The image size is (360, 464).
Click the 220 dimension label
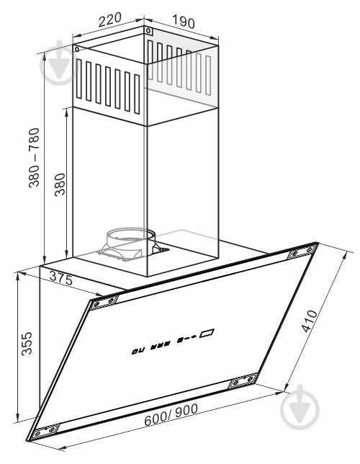pos(109,19)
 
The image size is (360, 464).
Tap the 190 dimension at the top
pos(184,21)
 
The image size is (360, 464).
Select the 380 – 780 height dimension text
pos(34,157)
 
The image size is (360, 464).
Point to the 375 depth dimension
pos(61,278)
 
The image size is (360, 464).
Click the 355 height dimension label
pos(27,343)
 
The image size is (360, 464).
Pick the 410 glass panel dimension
pos(309,321)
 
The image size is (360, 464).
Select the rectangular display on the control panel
pos(207,333)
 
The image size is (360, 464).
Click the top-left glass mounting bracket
pos(104,303)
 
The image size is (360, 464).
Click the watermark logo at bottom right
pos(300,407)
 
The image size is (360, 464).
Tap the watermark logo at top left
pos(60,63)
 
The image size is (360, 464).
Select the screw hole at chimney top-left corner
pos(77,50)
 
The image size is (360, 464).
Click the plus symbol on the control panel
pos(194,336)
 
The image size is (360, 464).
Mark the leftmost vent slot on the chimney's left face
pos(78,79)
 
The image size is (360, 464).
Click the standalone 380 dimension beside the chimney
pos(60,184)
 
